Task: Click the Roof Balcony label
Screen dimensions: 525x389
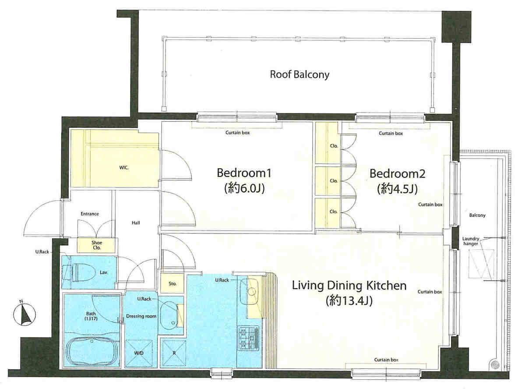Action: [x=299, y=74]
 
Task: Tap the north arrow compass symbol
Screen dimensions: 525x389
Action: [x=24, y=314]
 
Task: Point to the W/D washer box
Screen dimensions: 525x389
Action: [x=139, y=353]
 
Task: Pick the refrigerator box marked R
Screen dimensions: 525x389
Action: [x=173, y=353]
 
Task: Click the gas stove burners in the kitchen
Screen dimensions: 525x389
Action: [x=248, y=338]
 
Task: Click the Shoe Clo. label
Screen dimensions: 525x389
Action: [x=97, y=245]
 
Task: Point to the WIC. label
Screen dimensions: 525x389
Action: [x=124, y=167]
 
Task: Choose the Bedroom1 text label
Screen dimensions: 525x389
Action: [x=244, y=173]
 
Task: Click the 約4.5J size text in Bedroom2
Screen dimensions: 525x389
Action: [x=398, y=189]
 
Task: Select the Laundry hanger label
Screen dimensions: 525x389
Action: [x=471, y=241]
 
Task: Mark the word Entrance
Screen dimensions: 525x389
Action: [x=90, y=214]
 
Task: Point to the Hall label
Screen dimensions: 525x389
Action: [x=136, y=223]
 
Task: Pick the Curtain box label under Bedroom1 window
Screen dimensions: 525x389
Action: [x=237, y=133]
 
